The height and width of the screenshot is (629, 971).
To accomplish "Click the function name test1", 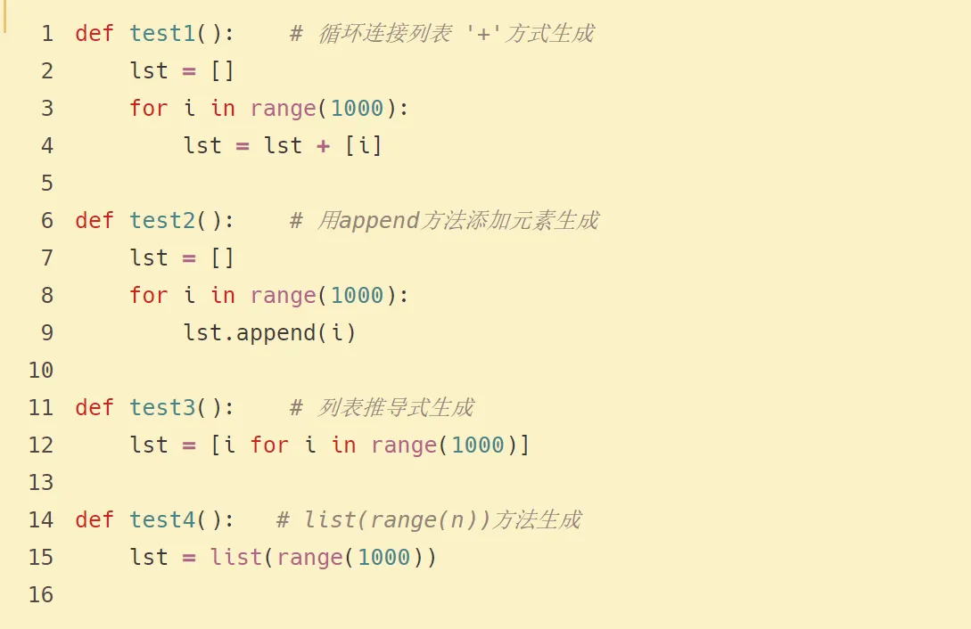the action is tap(162, 34).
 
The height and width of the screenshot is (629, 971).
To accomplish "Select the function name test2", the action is tap(162, 221).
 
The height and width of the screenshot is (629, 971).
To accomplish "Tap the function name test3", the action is tap(162, 408).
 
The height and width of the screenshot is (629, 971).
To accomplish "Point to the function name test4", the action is tap(162, 520).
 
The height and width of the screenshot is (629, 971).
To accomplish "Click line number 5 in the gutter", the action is tap(47, 184).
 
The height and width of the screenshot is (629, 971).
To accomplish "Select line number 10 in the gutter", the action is tap(41, 371).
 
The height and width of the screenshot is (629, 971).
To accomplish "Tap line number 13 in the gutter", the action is tap(41, 483).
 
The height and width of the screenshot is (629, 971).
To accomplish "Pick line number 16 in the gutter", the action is tap(41, 595).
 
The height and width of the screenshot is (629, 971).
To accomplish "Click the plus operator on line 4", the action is tap(323, 146).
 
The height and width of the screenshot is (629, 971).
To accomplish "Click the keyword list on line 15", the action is tap(236, 558).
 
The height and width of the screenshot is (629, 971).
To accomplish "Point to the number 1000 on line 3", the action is tap(357, 109).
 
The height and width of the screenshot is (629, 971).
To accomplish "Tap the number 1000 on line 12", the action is tap(478, 445).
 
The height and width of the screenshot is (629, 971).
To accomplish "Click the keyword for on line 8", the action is tap(148, 296).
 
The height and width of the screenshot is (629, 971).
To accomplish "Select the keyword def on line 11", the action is tap(95, 408).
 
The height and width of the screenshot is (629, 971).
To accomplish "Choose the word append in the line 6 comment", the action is tap(379, 221).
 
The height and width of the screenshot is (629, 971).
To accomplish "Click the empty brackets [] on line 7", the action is tap(222, 258).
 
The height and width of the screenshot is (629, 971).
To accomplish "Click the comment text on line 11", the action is tap(396, 408).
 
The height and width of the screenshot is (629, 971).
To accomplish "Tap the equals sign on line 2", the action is tap(189, 71).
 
